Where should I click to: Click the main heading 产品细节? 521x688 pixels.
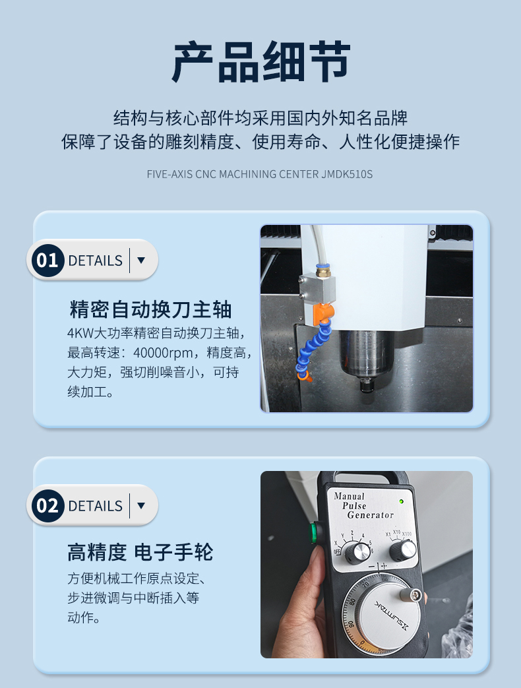coord(260,62)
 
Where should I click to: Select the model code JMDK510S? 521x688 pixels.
coord(347,174)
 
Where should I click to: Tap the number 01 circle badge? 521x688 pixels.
coord(47,260)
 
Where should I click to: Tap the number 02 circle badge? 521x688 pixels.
coord(47,506)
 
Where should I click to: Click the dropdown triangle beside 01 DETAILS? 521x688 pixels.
coord(140,261)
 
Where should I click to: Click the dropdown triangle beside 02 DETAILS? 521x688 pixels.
coord(140,506)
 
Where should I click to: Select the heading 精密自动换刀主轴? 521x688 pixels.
coord(150,309)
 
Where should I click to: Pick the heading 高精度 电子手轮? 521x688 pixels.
coord(140,551)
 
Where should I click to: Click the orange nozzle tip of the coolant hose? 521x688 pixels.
coord(305,378)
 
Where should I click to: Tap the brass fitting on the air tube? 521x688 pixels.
coord(323,269)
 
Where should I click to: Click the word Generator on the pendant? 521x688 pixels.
coord(370,515)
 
